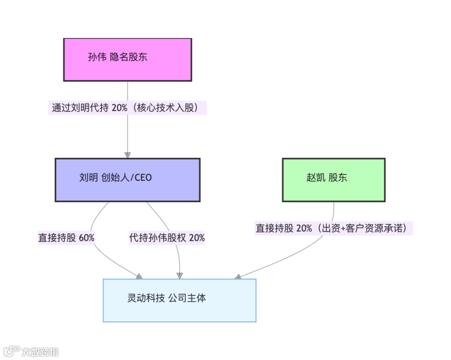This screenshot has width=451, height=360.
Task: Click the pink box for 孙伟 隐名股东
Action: point(127,59)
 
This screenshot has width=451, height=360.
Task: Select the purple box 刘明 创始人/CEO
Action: point(127,180)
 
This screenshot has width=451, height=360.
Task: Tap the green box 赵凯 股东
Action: point(333,180)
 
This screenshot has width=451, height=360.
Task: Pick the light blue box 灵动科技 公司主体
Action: point(179,300)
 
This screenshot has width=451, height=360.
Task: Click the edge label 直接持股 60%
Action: point(66,238)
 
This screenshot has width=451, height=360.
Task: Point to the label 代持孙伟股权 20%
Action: point(167,238)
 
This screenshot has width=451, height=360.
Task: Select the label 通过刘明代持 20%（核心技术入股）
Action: point(127,108)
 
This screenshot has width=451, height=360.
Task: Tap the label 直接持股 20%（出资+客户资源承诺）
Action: point(333,228)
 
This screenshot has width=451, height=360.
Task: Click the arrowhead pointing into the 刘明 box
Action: point(127,155)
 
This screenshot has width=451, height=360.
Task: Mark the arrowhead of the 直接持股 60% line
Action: point(139,276)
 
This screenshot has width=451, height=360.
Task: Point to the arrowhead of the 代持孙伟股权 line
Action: point(180,276)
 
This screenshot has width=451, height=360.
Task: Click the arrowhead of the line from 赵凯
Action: point(238,276)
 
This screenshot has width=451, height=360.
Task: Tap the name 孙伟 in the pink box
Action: point(97,57)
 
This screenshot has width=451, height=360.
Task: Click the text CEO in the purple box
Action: point(143,178)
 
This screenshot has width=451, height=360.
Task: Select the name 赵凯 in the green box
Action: point(315,177)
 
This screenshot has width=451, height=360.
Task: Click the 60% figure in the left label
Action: point(86,238)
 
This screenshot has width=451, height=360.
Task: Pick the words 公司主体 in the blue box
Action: point(187,298)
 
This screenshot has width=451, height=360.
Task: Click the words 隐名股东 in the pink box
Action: point(129,57)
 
